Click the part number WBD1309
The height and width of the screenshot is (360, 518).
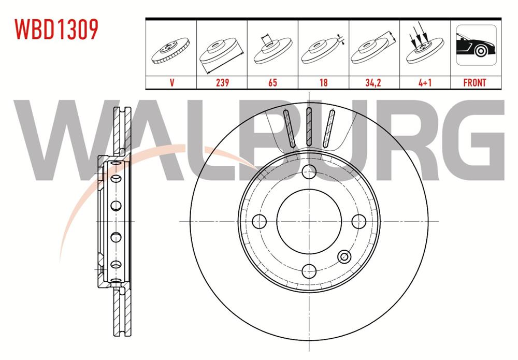point(56,30)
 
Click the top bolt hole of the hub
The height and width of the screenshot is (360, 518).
point(309,171)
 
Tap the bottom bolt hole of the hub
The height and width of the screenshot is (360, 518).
point(309,270)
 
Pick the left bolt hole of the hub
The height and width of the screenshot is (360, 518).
point(259,221)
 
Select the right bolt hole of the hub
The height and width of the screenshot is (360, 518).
point(358,221)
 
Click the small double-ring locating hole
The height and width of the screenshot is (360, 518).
point(343,256)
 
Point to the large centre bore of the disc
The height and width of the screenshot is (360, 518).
point(309,221)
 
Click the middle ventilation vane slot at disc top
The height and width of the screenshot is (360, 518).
point(309,127)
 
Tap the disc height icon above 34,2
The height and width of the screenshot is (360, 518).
point(374,49)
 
